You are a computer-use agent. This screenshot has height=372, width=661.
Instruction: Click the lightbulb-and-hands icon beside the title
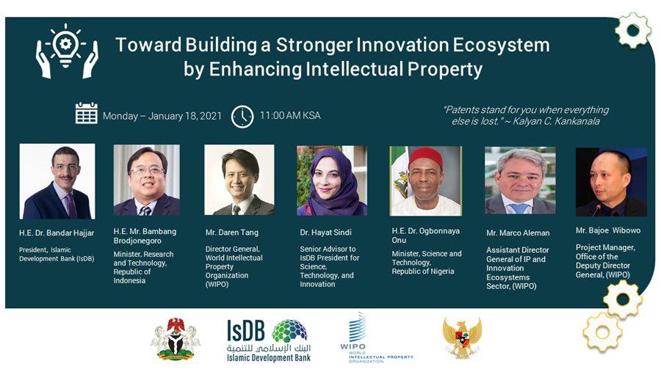pyautogui.click(x=67, y=51)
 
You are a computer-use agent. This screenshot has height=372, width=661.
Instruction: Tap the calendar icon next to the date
pyautogui.click(x=87, y=113)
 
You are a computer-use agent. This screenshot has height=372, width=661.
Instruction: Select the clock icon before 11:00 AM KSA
pyautogui.click(x=242, y=117)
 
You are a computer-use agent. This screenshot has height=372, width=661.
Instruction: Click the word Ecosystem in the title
pyautogui.click(x=501, y=45)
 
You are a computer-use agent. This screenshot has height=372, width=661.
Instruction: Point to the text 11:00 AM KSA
pyautogui.click(x=290, y=115)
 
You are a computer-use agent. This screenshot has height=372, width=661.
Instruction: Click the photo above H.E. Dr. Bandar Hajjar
pyautogui.click(x=57, y=181)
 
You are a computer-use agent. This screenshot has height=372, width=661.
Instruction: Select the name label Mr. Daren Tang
pyautogui.click(x=232, y=233)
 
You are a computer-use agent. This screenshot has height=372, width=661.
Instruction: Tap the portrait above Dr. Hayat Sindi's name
pyautogui.click(x=332, y=180)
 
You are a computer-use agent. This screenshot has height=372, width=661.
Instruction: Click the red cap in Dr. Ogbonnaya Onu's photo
pyautogui.click(x=426, y=158)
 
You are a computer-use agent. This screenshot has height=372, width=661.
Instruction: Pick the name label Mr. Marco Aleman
pyautogui.click(x=518, y=233)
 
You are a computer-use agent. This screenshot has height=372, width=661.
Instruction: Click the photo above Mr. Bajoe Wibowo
pyautogui.click(x=611, y=182)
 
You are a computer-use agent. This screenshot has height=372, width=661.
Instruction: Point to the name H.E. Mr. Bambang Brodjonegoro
pyautogui.click(x=145, y=236)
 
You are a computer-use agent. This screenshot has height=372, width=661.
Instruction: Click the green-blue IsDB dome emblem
pyautogui.click(x=289, y=331)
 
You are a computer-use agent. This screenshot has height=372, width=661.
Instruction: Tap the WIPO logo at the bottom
pyautogui.click(x=377, y=338)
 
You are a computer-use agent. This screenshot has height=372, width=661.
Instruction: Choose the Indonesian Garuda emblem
pyautogui.click(x=463, y=338)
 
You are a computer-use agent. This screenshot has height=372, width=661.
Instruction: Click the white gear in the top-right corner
pyautogui.click(x=633, y=30)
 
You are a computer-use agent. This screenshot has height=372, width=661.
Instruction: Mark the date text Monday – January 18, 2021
pyautogui.click(x=162, y=116)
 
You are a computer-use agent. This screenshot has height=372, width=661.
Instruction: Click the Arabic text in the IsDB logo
pyautogui.click(x=269, y=349)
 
